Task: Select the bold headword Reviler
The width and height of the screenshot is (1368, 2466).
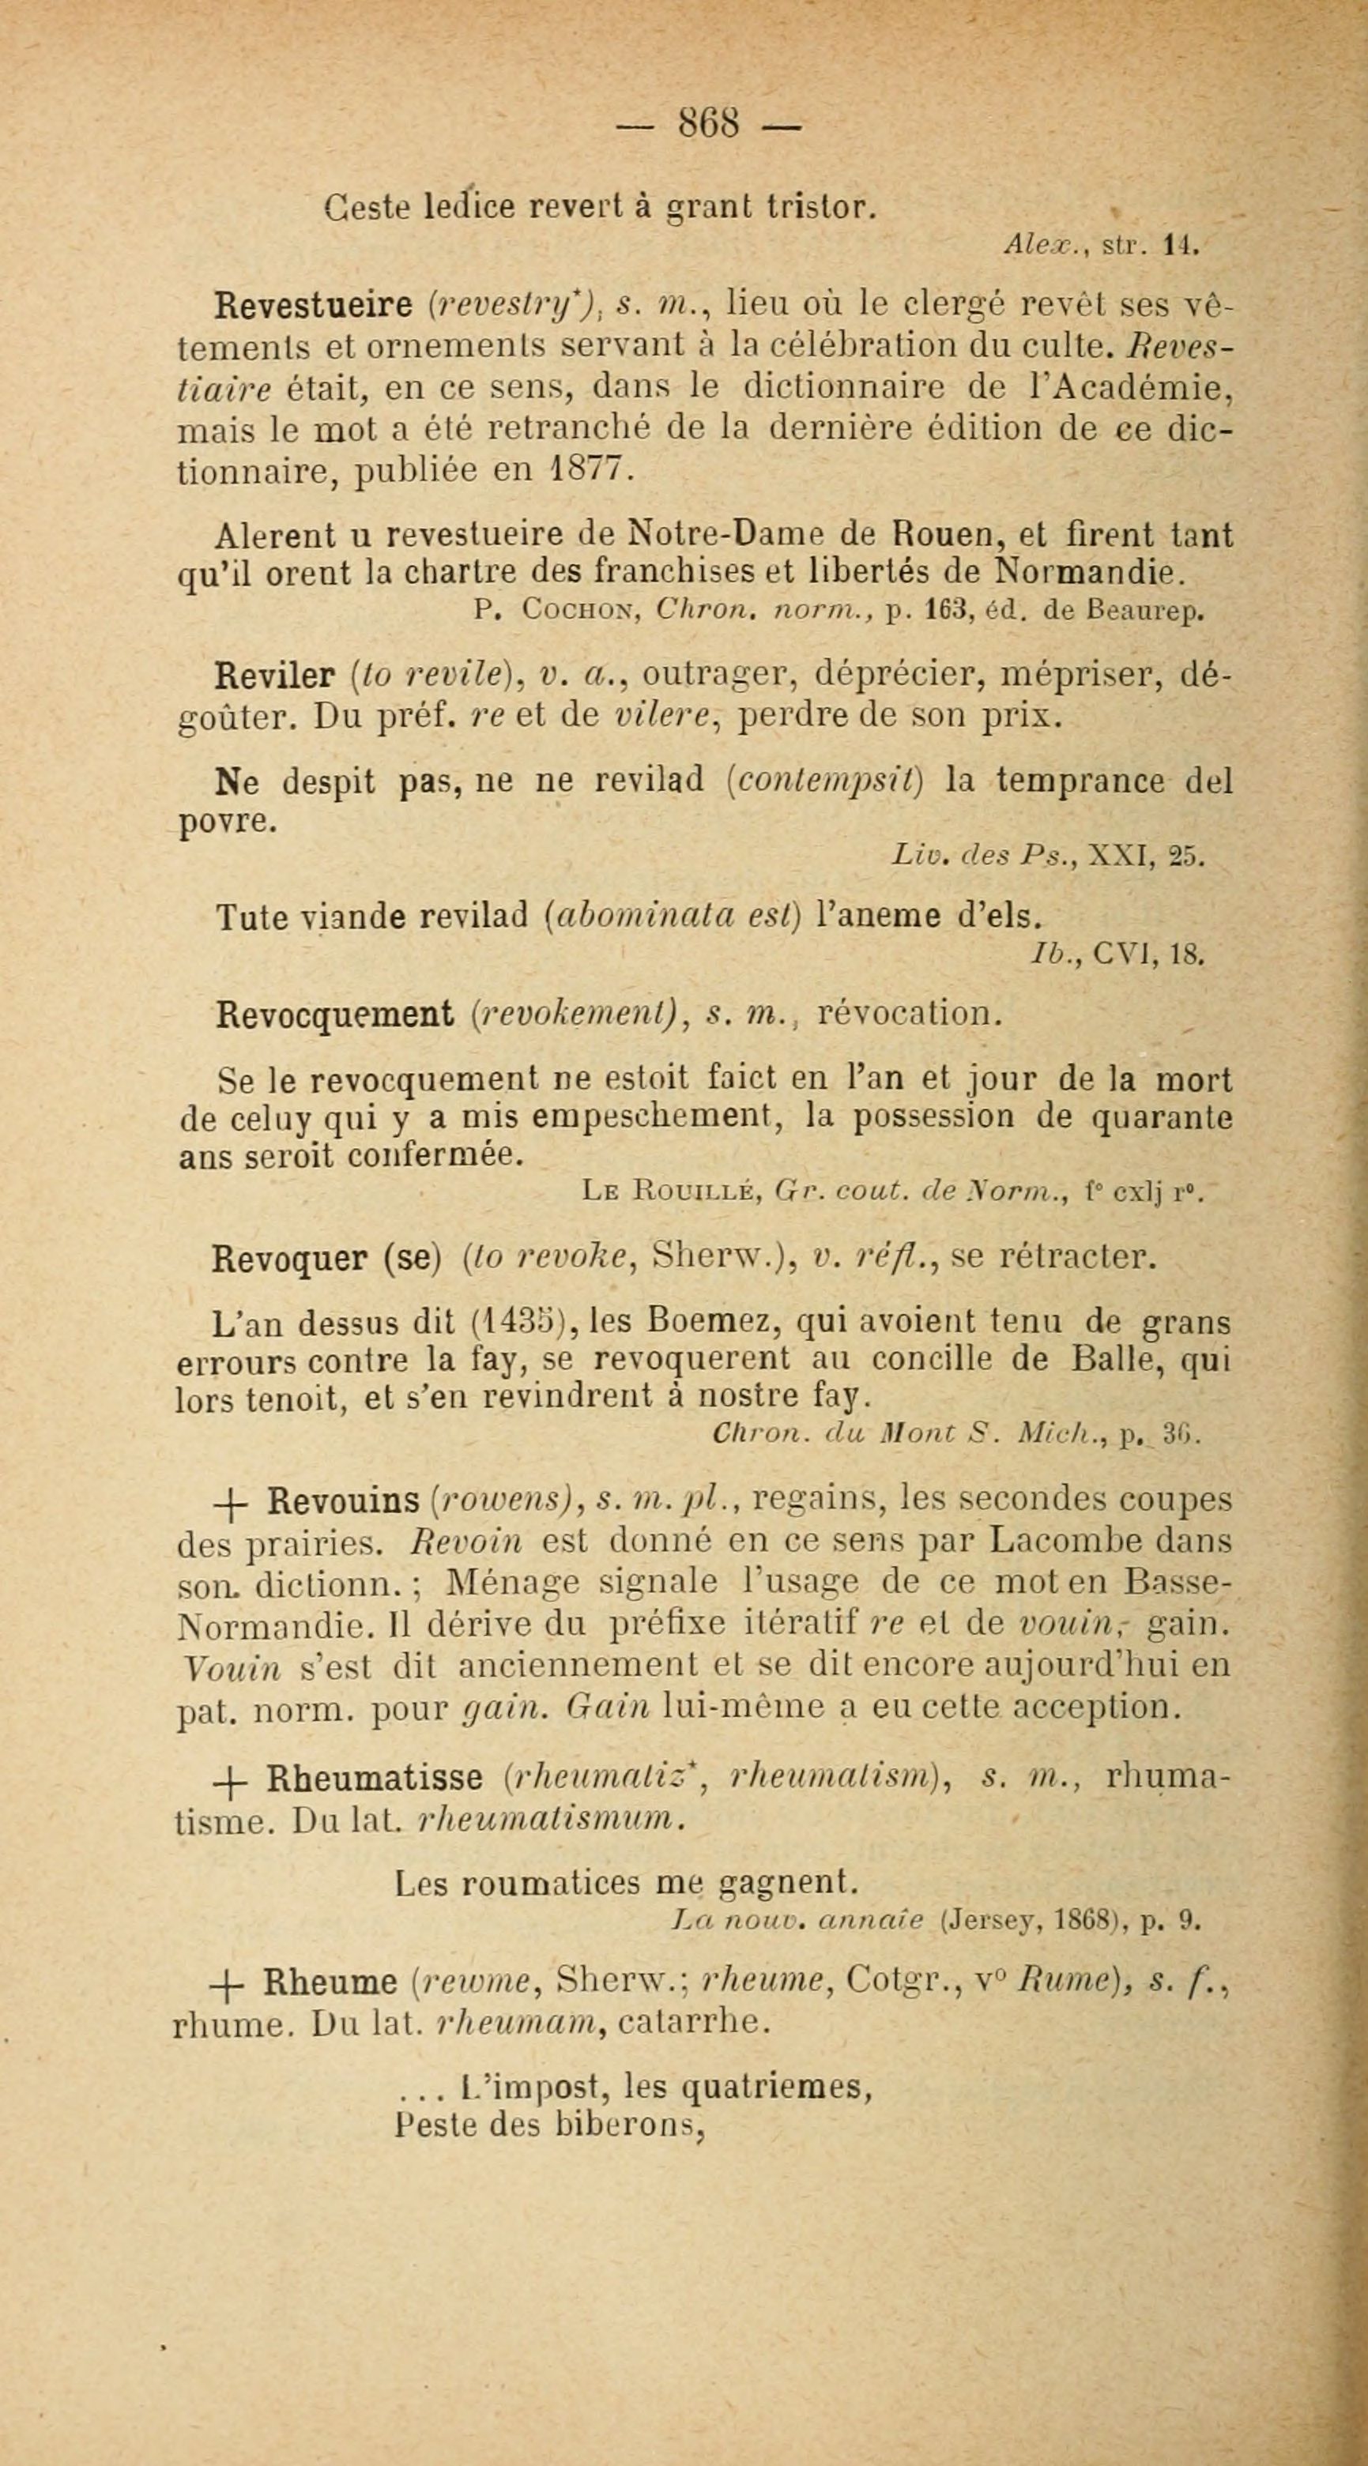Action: pos(273,676)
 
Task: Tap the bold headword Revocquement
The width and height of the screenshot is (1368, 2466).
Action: pos(334,1014)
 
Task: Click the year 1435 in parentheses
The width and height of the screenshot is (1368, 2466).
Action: pos(517,1322)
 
